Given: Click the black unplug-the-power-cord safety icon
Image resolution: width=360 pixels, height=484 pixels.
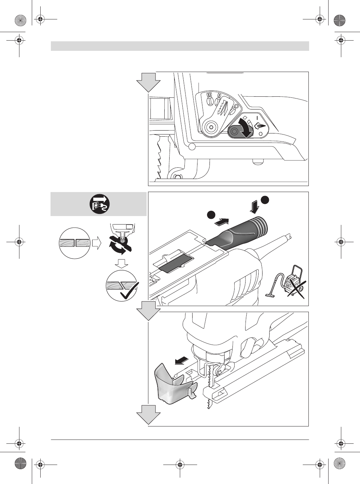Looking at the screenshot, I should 99,204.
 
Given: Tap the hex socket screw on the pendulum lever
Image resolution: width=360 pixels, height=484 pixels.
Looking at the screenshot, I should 211,127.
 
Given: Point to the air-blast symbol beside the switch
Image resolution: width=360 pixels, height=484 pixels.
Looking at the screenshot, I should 259,126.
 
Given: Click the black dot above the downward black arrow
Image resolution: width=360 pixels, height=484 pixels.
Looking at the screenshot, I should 265,199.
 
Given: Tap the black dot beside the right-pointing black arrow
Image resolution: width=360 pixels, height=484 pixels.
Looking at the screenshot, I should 211,215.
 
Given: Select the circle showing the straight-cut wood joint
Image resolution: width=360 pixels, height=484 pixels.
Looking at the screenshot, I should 75,243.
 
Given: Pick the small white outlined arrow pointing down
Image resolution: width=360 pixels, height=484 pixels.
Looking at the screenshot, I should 123,263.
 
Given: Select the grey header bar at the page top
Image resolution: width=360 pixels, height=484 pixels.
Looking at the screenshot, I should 180,46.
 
